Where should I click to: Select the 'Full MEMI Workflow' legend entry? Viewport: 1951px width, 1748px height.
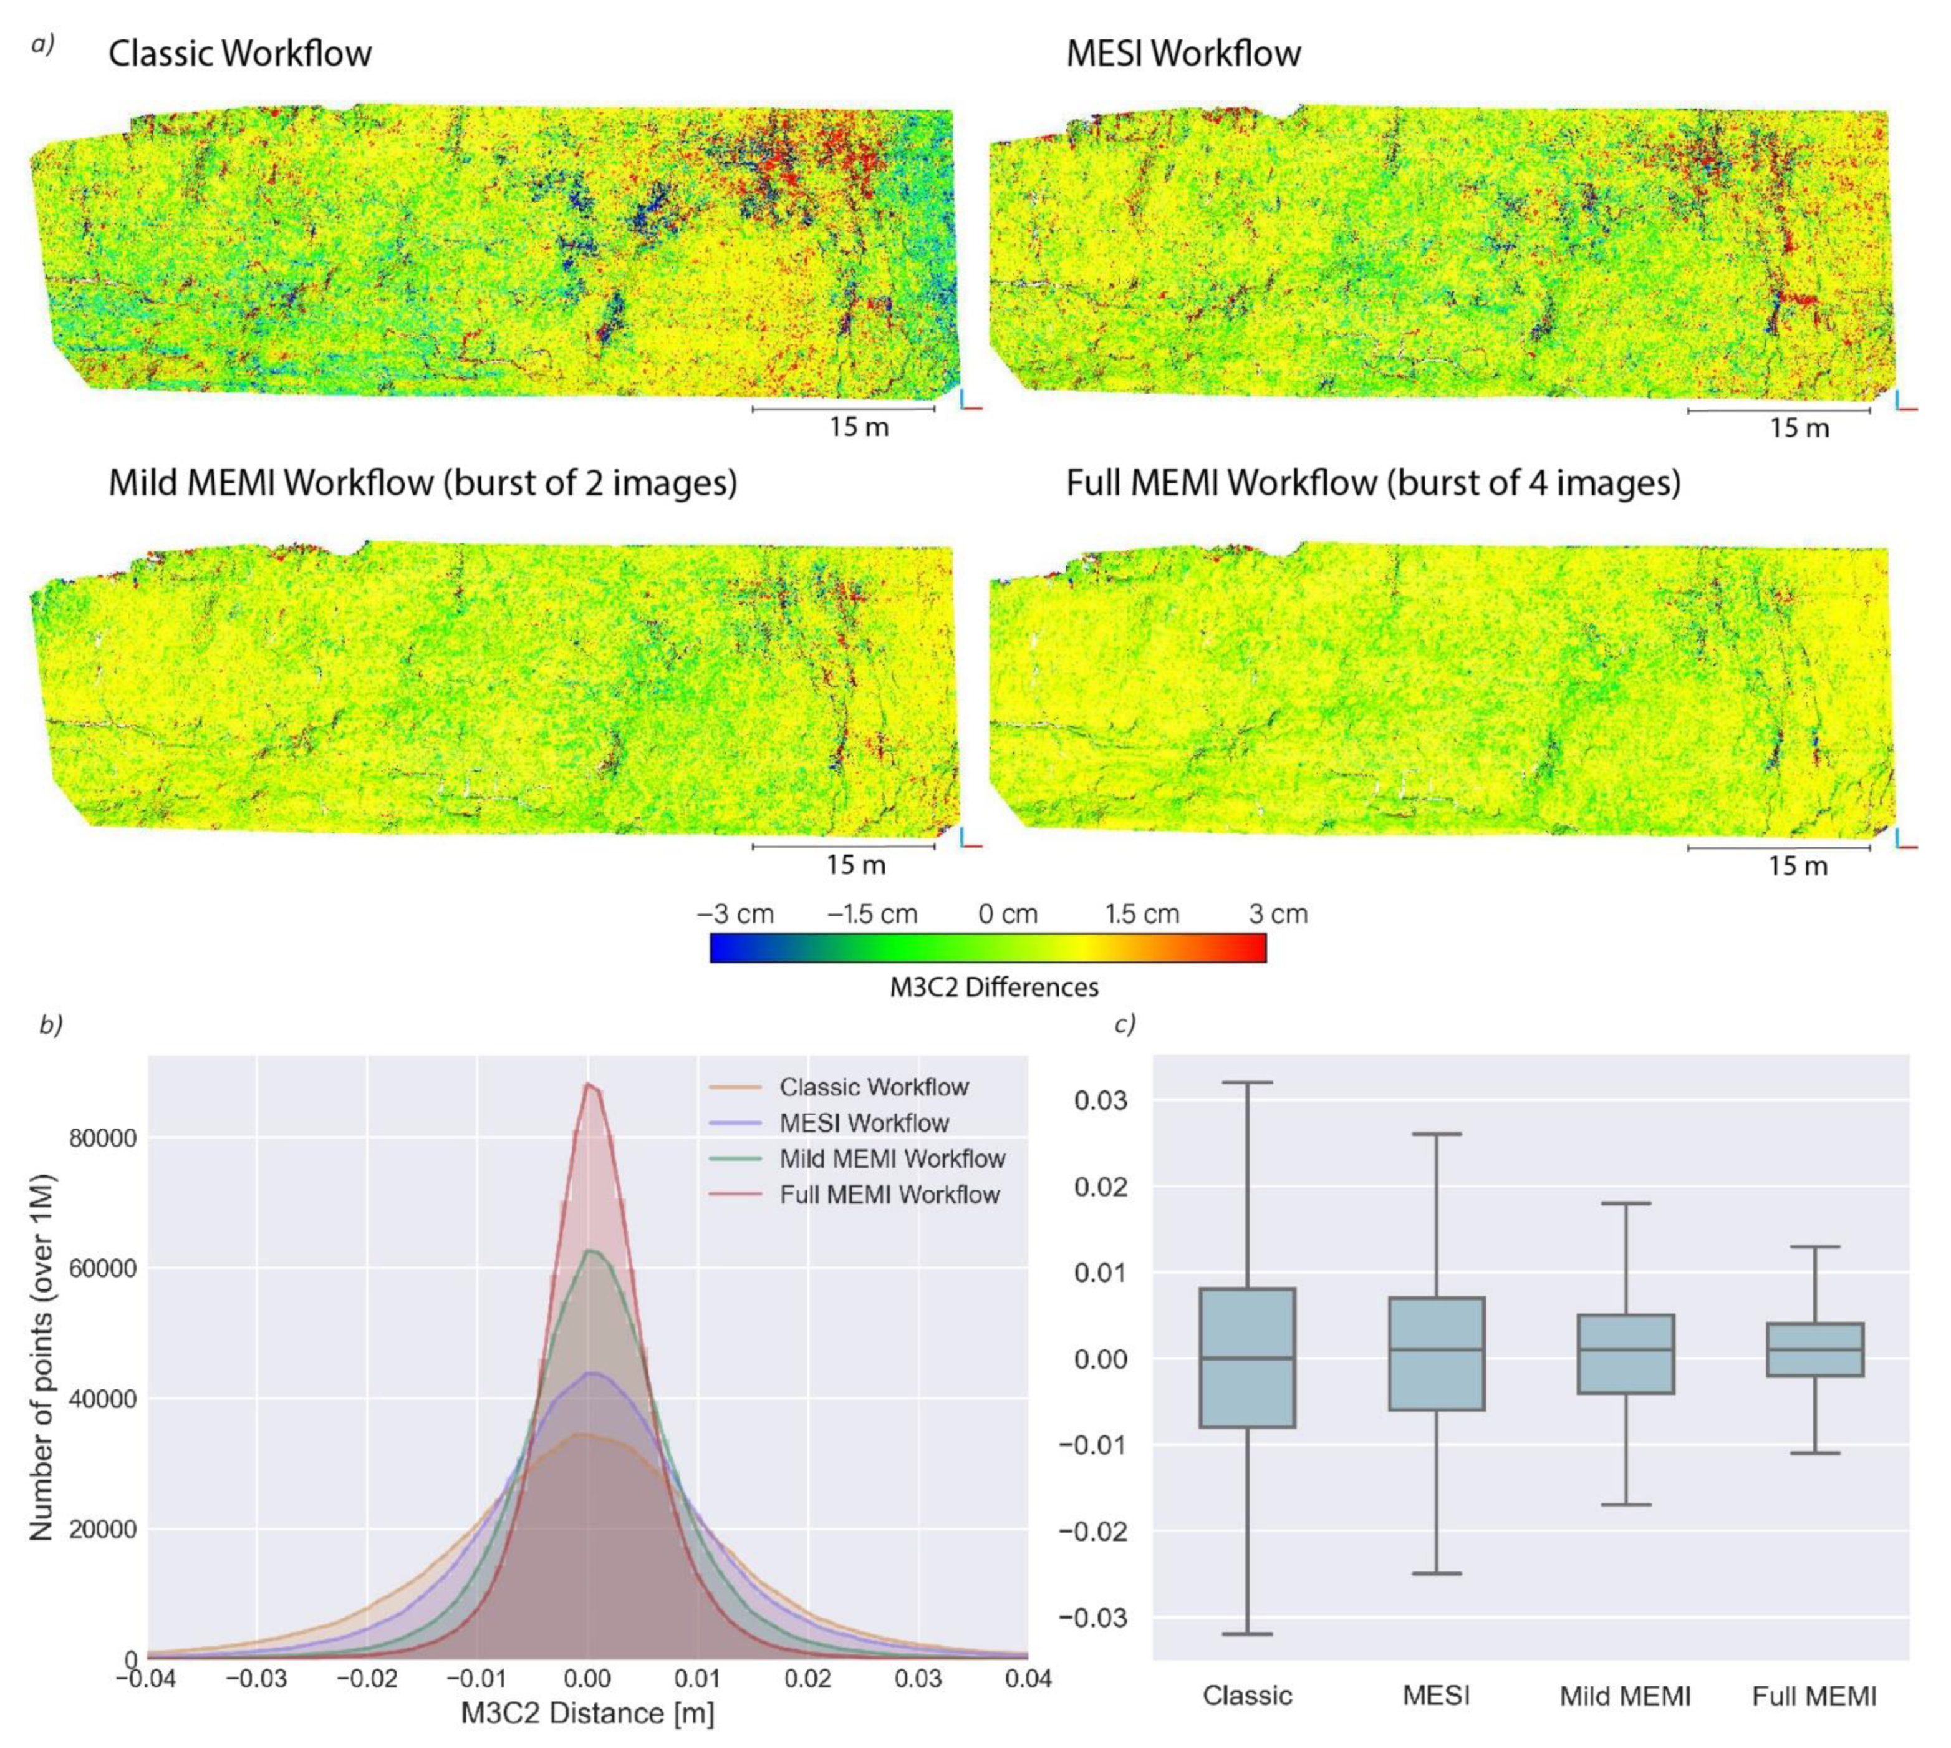(889, 1195)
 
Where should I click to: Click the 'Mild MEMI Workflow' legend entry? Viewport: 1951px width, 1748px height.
(892, 1158)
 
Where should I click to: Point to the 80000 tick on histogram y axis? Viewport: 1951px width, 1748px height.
(104, 1138)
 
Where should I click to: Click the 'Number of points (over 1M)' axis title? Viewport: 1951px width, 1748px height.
(41, 1357)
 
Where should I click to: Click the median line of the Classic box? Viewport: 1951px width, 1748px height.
(1246, 1358)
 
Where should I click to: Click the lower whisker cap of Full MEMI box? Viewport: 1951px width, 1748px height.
(1814, 1453)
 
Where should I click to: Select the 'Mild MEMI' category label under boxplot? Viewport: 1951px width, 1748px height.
(1624, 1697)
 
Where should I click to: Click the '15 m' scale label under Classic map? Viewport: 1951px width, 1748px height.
(859, 427)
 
